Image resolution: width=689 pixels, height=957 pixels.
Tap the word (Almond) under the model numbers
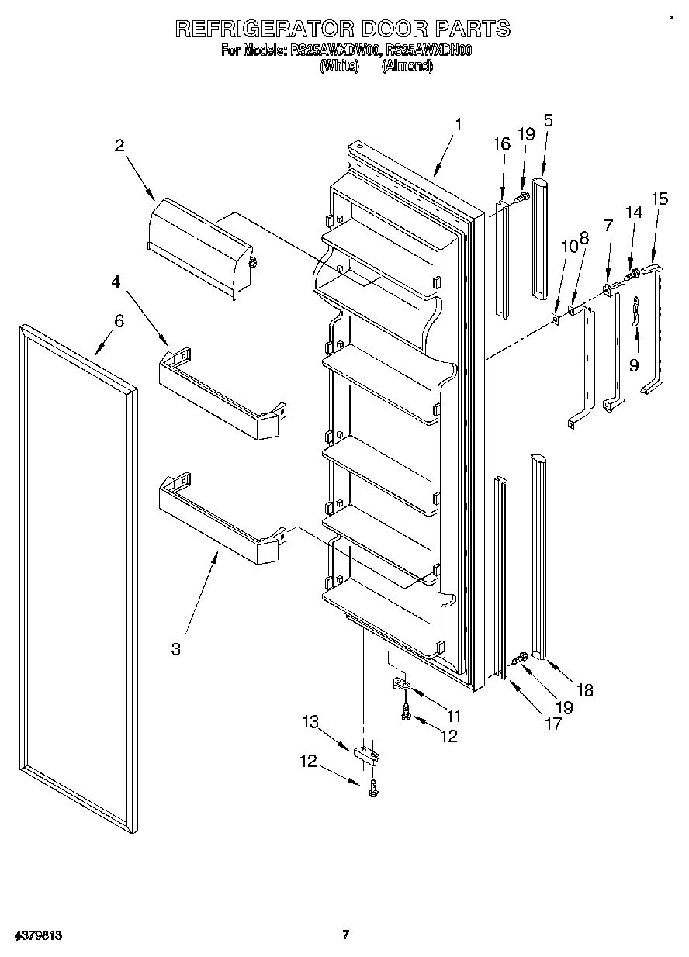(x=407, y=67)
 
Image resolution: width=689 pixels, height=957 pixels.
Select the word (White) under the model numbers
(x=340, y=67)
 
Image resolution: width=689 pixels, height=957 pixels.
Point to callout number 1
(x=459, y=124)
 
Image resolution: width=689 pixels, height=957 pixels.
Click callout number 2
(x=119, y=145)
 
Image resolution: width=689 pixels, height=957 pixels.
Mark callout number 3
(x=176, y=648)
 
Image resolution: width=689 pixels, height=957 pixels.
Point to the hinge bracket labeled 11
(x=402, y=686)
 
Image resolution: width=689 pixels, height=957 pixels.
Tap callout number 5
(x=548, y=120)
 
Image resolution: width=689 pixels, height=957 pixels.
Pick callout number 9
(x=634, y=364)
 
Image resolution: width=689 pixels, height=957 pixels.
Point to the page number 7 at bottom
(x=345, y=935)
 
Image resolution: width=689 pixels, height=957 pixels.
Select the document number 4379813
(x=38, y=935)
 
